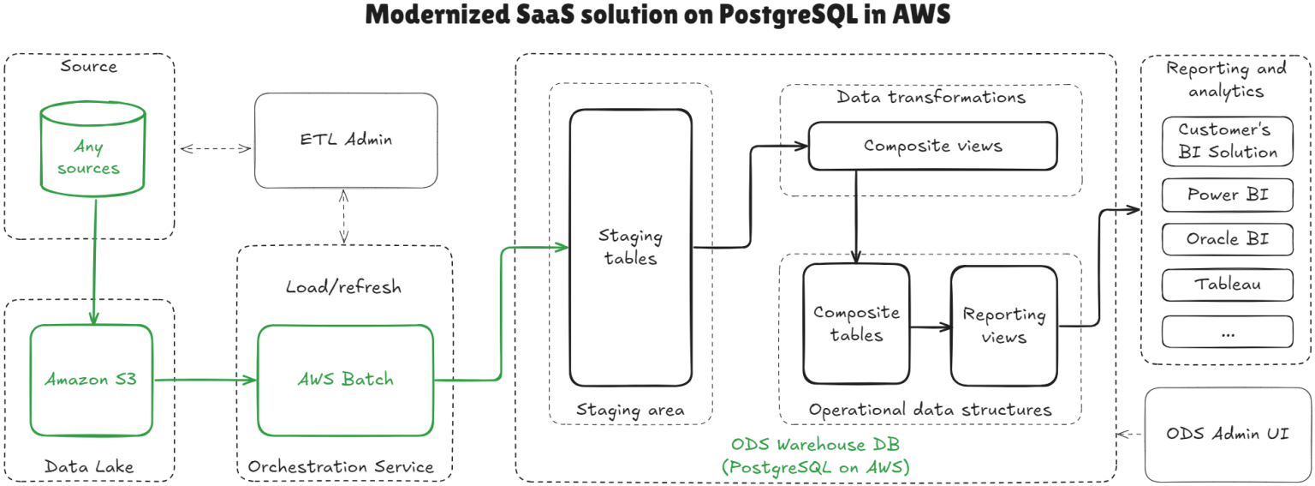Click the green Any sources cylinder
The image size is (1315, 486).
(x=88, y=154)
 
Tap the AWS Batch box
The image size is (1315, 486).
(x=346, y=379)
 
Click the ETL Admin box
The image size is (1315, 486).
(x=346, y=140)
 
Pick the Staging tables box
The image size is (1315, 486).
(x=631, y=247)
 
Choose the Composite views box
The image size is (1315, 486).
(x=932, y=146)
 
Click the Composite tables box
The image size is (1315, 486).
(x=856, y=324)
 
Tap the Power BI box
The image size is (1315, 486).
(x=1227, y=195)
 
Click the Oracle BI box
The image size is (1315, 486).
(x=1227, y=239)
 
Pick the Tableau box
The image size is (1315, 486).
(x=1227, y=285)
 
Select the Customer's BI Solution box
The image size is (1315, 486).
(x=1227, y=141)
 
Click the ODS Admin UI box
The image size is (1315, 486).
(x=1227, y=434)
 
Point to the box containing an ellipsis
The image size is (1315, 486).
(x=1227, y=332)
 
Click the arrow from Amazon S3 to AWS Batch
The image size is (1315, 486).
(x=205, y=379)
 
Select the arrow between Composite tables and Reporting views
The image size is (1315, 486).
(x=930, y=327)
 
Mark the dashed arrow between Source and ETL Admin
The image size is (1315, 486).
(x=216, y=148)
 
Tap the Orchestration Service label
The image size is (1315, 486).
(x=341, y=467)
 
